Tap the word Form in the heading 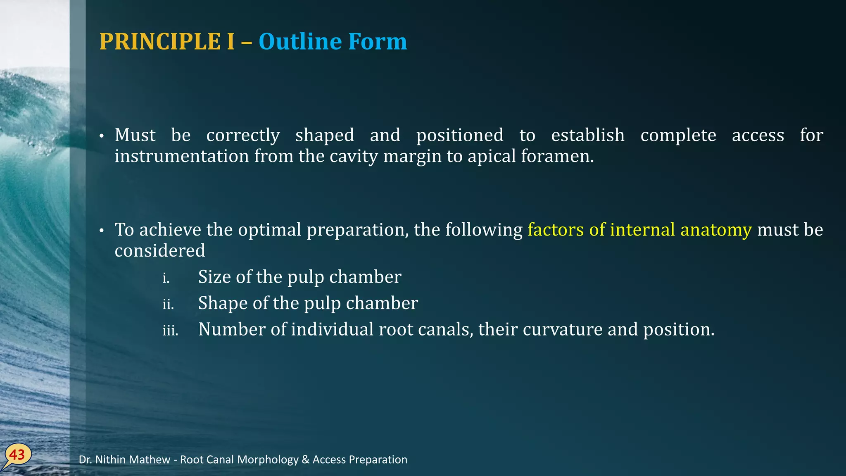point(377,42)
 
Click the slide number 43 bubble point(17,455)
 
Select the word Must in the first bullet point(135,135)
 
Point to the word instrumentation point(181,157)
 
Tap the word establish point(587,135)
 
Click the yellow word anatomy point(716,230)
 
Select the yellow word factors point(556,230)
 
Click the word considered point(160,251)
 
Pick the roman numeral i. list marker point(166,278)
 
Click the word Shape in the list point(223,303)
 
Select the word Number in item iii point(232,330)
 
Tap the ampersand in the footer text point(305,459)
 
